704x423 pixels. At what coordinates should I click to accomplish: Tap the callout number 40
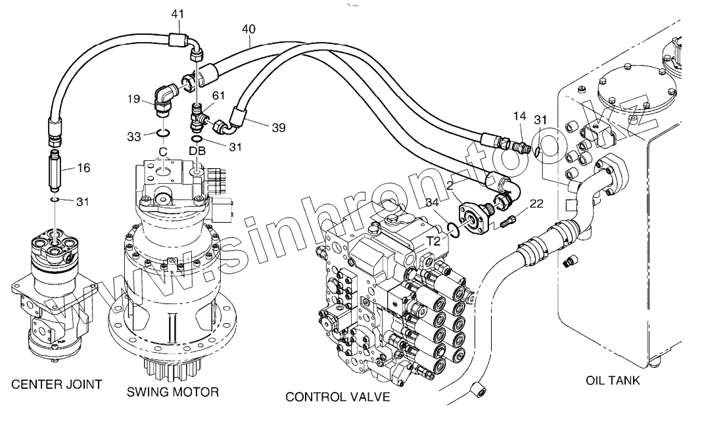(x=249, y=29)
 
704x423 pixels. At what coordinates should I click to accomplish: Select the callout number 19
(x=133, y=100)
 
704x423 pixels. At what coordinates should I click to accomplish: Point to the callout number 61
(x=218, y=96)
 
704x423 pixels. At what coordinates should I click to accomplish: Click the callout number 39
(x=278, y=128)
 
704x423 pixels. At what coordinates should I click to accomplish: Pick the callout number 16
(x=83, y=167)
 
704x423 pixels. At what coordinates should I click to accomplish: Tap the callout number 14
(x=519, y=116)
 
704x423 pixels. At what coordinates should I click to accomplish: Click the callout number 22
(x=536, y=204)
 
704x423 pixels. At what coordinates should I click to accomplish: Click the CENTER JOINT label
(x=57, y=384)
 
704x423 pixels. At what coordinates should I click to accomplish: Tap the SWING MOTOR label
(x=172, y=392)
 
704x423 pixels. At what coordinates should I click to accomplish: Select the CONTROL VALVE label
(x=337, y=397)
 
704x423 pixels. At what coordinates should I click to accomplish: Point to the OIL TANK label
(x=613, y=380)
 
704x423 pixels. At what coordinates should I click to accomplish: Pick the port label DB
(x=197, y=151)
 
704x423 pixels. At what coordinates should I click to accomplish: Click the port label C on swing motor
(x=162, y=151)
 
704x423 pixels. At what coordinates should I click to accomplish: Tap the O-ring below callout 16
(x=55, y=200)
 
